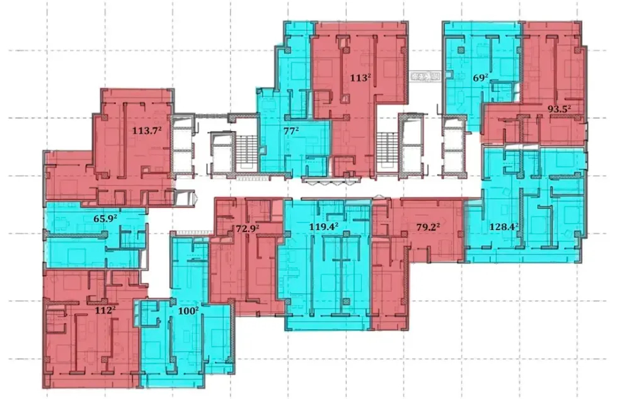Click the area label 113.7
coord(147,132)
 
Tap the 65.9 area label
coord(106,220)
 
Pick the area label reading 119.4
coord(324,225)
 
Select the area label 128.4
coord(504,225)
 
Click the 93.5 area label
coord(559,109)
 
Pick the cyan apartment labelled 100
coord(189,340)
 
